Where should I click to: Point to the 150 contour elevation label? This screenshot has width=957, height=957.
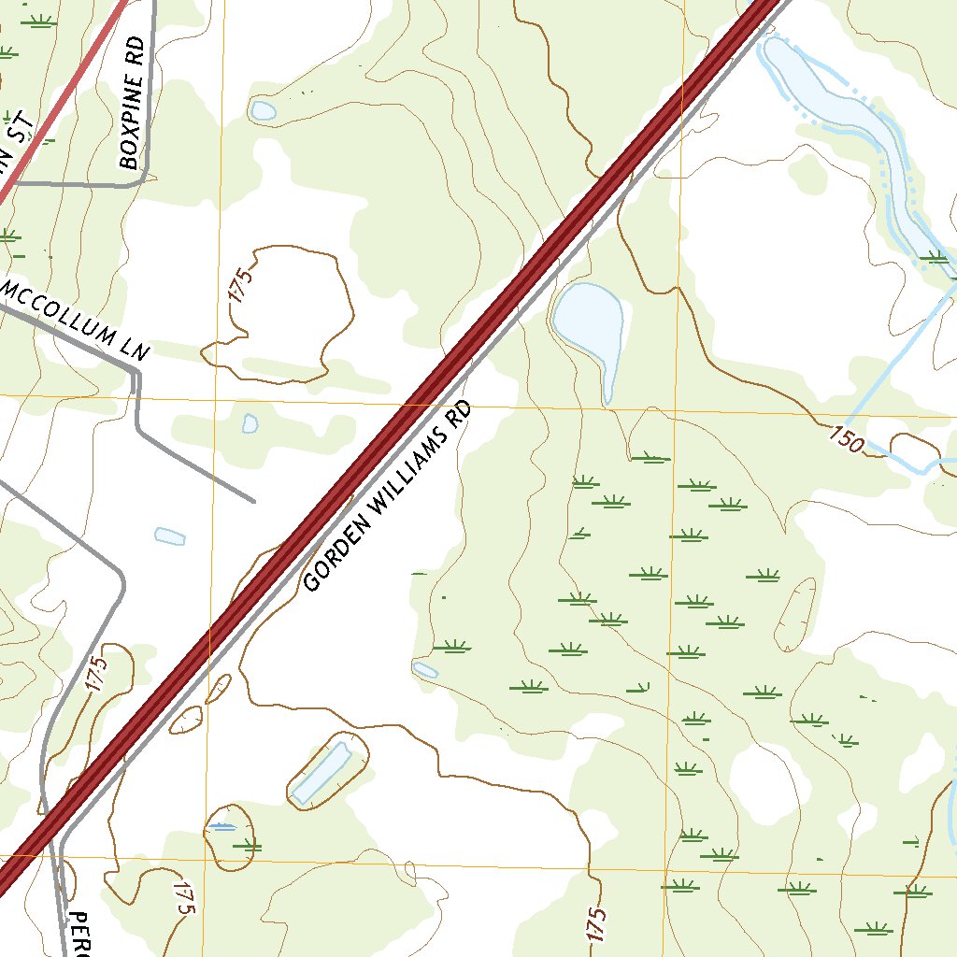tap(846, 438)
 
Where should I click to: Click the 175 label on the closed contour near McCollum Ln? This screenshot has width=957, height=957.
tap(240, 286)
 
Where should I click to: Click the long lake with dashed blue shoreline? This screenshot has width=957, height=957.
tap(832, 103)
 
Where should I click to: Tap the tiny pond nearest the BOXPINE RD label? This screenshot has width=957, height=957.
tap(263, 111)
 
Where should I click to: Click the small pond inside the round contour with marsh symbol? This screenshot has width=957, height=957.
tap(222, 826)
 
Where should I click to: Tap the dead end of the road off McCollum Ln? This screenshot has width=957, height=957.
tap(253, 501)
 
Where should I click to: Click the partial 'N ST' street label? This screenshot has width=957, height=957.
tap(14, 150)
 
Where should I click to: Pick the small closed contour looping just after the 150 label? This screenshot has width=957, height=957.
tap(916, 448)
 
